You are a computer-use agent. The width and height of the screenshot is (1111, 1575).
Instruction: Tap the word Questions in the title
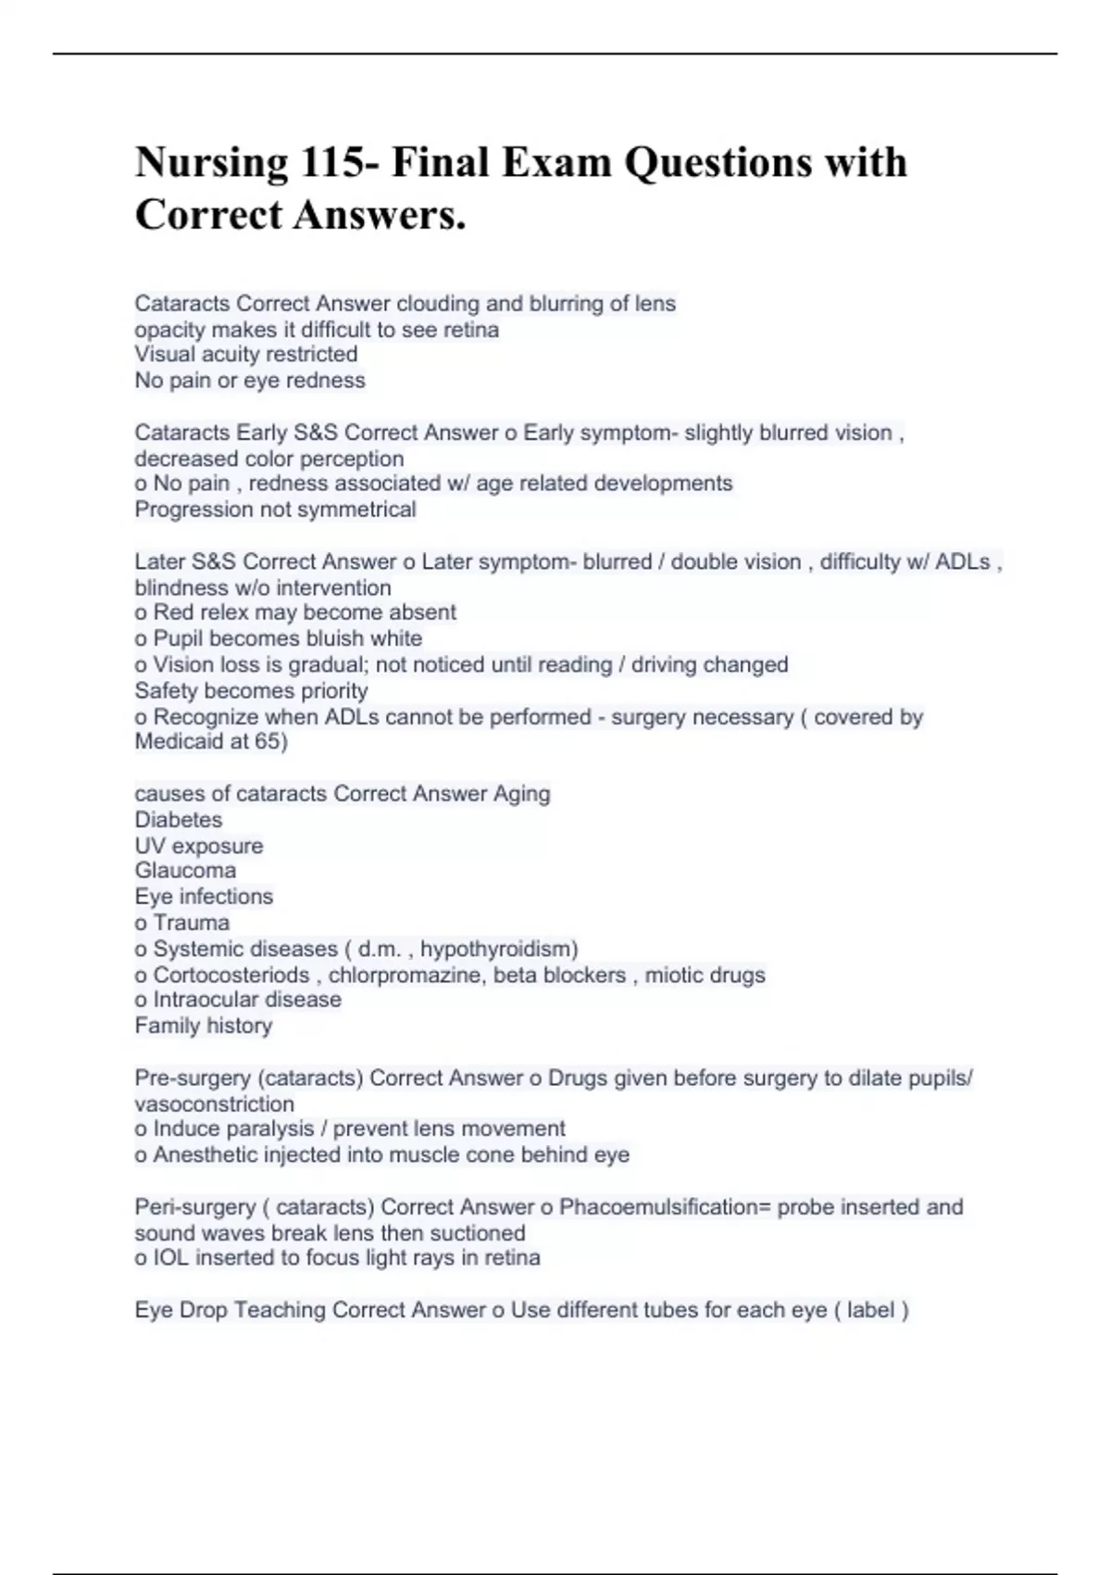click(x=718, y=163)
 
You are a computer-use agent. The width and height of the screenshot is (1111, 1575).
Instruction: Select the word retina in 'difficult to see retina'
click(x=471, y=330)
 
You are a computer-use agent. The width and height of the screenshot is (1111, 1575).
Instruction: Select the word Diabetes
click(x=179, y=820)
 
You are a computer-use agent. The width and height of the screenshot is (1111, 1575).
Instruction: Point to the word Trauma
click(x=192, y=923)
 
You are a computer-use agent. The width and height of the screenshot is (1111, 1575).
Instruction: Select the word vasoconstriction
click(x=214, y=1104)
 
